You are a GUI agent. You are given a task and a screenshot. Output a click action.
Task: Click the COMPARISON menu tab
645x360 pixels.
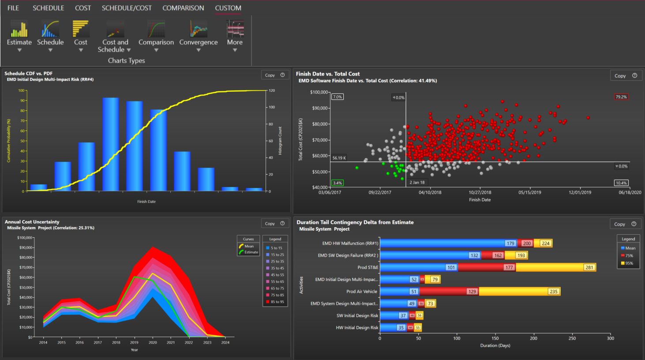183,8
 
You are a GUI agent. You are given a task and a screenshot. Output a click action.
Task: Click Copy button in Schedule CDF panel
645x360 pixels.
270,75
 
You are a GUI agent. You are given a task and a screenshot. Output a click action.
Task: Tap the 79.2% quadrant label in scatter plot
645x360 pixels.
621,97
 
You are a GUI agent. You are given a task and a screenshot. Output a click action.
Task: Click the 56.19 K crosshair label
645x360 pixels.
339,158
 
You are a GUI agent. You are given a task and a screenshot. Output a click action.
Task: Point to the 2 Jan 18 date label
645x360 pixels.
417,182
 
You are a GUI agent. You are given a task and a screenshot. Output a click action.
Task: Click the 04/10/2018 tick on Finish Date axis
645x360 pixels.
430,192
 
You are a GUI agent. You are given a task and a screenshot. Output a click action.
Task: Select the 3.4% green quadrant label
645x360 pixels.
337,183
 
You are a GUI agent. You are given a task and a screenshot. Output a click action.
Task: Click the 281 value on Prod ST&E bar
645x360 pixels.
589,267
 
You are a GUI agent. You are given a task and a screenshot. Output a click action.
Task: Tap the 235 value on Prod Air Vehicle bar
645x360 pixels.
553,292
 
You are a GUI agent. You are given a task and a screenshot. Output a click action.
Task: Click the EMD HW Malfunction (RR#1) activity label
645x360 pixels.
350,244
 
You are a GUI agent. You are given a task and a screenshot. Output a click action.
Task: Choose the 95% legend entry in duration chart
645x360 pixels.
629,263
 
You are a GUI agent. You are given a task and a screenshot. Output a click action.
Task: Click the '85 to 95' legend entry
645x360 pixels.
277,302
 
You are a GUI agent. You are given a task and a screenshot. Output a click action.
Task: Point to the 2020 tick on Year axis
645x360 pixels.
153,342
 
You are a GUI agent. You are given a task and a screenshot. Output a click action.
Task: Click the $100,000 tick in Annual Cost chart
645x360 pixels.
25,238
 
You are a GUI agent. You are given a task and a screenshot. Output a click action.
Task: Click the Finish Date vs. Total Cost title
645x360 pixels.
328,74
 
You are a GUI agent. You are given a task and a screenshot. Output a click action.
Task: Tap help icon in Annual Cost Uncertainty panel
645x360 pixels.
282,223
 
